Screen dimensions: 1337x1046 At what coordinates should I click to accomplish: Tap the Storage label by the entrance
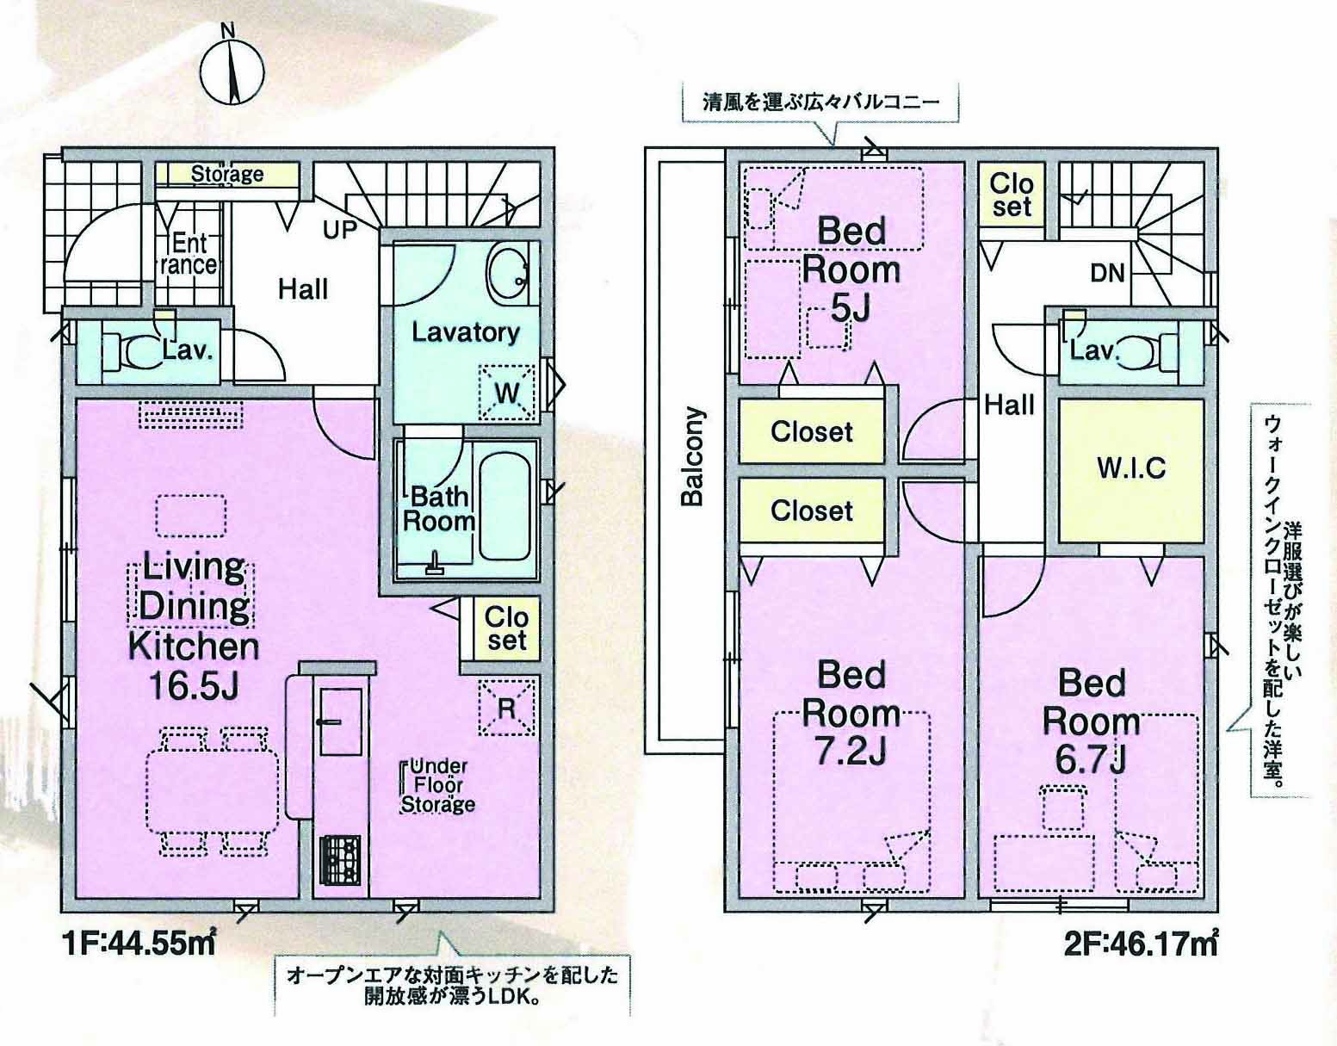(x=227, y=174)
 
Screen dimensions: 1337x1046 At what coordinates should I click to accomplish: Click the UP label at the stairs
(x=340, y=230)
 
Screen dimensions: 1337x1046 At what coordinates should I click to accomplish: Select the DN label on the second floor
(x=1107, y=273)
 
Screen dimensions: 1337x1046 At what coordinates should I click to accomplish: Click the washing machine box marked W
(x=506, y=393)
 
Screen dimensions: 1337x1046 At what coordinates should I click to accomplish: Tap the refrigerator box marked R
(x=506, y=707)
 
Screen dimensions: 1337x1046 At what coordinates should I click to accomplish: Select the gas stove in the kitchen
(x=340, y=860)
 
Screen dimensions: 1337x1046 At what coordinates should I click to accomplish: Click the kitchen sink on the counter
(x=340, y=721)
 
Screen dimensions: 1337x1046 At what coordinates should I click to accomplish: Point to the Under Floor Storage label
(x=437, y=785)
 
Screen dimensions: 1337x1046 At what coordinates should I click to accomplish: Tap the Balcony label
(x=692, y=456)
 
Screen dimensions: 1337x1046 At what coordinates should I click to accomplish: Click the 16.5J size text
(x=194, y=686)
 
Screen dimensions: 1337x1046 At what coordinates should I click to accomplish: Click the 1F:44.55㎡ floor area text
(x=139, y=944)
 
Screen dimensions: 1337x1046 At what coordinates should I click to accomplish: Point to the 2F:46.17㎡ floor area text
(x=1141, y=944)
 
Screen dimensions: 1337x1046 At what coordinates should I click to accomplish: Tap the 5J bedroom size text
(x=851, y=307)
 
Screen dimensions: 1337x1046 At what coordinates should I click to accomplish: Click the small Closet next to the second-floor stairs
(x=1012, y=195)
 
